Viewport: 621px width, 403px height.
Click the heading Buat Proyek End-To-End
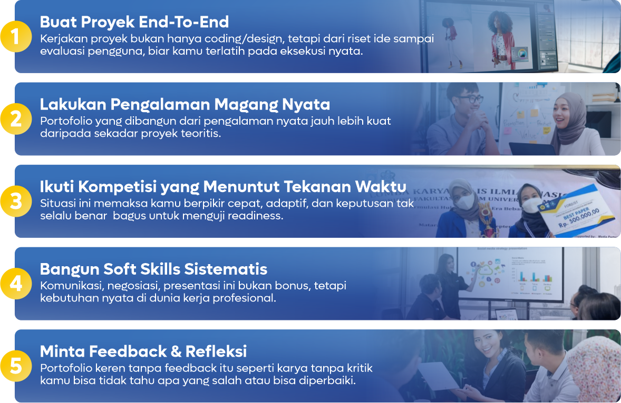(134, 22)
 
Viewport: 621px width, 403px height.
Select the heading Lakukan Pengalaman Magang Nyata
(185, 104)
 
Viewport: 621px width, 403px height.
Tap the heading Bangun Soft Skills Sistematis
(153, 269)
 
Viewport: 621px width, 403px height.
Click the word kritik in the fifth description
(358, 368)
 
